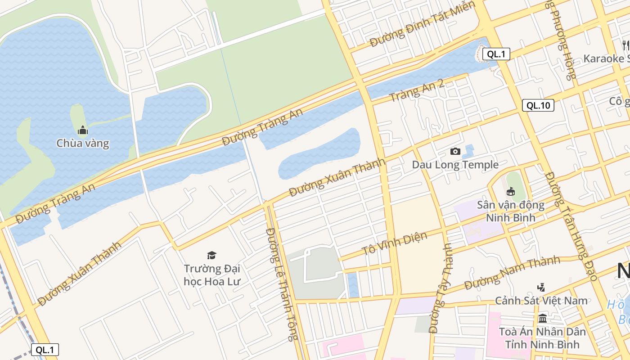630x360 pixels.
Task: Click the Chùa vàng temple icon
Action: (x=83, y=131)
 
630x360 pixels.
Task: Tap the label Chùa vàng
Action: (x=83, y=144)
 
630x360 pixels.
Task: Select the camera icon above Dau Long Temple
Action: (x=455, y=152)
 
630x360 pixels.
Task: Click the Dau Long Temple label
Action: (x=455, y=165)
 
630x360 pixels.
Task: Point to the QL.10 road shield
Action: (x=538, y=106)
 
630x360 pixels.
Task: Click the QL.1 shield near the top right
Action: (x=496, y=54)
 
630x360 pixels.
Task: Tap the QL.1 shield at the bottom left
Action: (x=45, y=350)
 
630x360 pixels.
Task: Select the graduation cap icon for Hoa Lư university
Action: (x=211, y=255)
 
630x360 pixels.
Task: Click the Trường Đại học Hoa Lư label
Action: (x=212, y=275)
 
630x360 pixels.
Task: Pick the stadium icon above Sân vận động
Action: (x=511, y=192)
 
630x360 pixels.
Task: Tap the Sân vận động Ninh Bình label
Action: (x=511, y=211)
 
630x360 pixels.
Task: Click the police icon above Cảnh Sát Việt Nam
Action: (x=541, y=287)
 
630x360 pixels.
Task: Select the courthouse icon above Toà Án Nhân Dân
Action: (x=542, y=319)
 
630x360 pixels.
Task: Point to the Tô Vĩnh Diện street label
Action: (x=394, y=244)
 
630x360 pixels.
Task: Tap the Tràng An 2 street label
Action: (x=417, y=90)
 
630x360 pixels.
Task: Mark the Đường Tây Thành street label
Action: (x=440, y=288)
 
